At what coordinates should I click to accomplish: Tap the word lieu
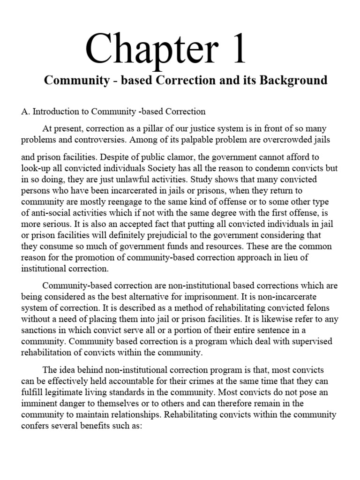[297, 258]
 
